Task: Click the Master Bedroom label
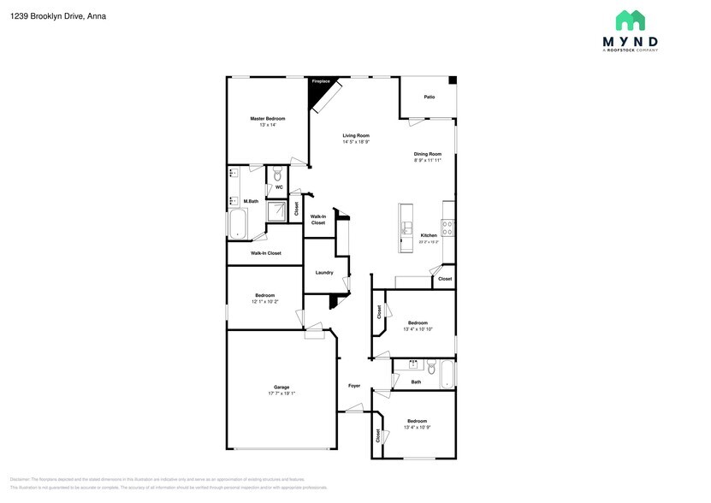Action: coord(267,118)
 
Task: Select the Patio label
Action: coord(430,97)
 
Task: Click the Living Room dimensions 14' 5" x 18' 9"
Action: coord(356,142)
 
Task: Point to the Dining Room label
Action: coord(428,154)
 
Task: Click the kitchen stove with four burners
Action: coord(447,228)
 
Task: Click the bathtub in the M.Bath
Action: coord(237,225)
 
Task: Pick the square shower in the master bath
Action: coord(276,210)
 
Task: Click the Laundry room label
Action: coord(324,273)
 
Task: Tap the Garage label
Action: coord(281,388)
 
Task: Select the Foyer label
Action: coord(354,386)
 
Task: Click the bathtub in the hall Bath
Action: coord(445,374)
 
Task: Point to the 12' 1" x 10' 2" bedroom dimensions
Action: coord(264,302)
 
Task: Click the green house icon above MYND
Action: coord(631,21)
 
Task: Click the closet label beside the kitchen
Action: coord(445,279)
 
